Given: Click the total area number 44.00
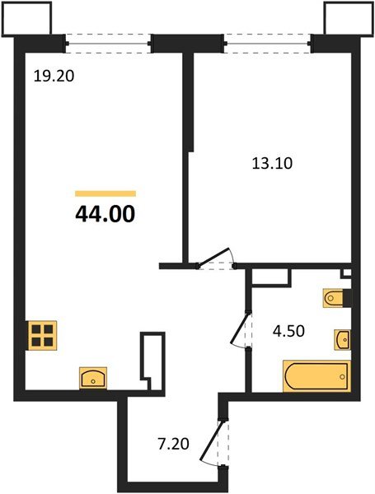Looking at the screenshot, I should click(x=105, y=215).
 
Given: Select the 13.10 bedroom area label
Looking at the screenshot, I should click(x=272, y=162).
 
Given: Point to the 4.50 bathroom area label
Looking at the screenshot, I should click(x=289, y=334).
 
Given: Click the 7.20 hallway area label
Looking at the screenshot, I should click(x=175, y=443).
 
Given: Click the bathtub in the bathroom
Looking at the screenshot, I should click(x=316, y=377).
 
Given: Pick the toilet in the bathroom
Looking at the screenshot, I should click(x=338, y=299).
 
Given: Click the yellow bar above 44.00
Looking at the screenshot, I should click(x=105, y=193).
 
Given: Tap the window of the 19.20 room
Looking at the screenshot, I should click(x=109, y=40).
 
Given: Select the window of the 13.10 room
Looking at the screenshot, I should click(x=267, y=40).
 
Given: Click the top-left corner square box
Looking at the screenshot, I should click(x=27, y=18).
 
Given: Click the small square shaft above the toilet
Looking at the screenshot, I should click(x=346, y=273).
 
